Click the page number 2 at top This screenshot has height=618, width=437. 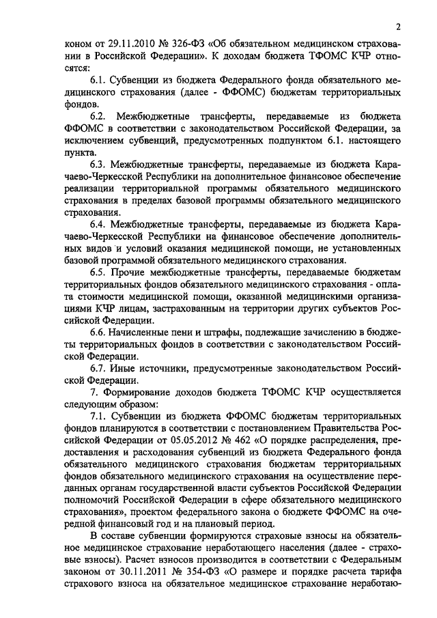click(x=397, y=27)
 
